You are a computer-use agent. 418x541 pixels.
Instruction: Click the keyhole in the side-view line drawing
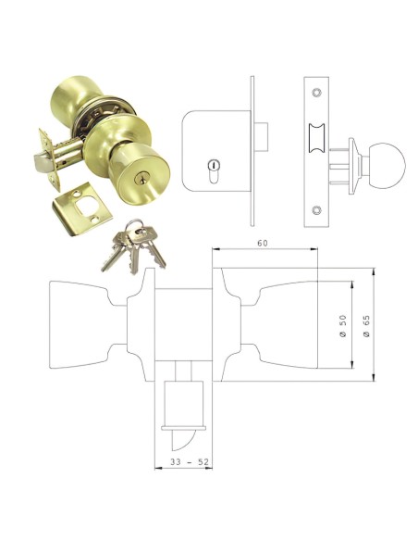[214, 172]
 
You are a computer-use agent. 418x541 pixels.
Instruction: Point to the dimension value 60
[263, 244]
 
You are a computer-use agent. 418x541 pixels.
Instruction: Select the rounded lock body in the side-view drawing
[215, 150]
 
